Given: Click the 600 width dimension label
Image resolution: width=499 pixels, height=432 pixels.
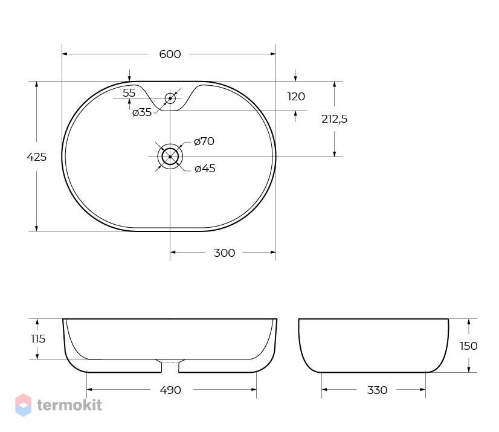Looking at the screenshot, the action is [x=170, y=54].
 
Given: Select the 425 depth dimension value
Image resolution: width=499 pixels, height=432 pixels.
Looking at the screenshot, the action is [x=37, y=157].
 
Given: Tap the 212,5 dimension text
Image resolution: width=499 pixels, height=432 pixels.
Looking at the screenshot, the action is [x=334, y=119].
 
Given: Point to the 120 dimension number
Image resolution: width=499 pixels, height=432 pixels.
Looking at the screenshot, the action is [x=296, y=97].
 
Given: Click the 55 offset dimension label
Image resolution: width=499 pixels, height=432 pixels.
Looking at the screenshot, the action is [x=129, y=93].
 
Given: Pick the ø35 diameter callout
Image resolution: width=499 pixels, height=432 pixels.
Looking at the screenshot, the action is [x=142, y=112].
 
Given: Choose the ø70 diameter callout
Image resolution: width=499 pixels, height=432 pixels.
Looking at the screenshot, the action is [x=204, y=141].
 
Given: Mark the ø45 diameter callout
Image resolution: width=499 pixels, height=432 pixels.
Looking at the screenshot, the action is [x=205, y=169].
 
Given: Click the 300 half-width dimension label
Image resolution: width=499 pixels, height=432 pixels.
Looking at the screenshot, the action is [x=224, y=253].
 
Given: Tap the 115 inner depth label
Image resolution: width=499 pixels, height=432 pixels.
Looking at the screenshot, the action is [x=38, y=339].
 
